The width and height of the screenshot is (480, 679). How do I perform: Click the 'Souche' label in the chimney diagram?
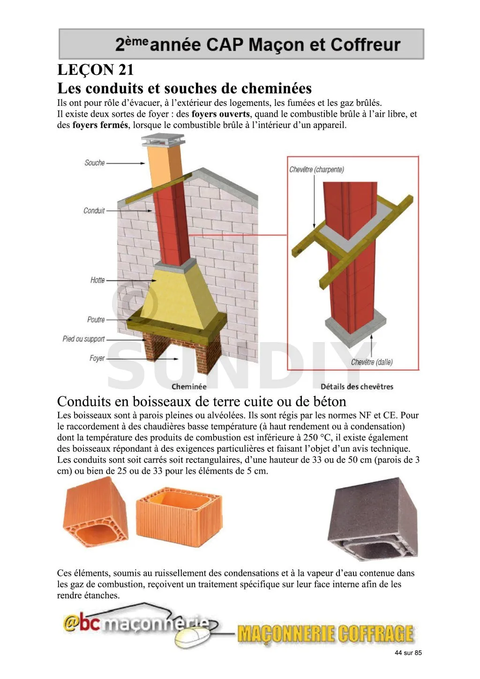[x=95, y=163]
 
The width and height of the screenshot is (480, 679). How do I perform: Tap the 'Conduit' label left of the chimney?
[x=94, y=211]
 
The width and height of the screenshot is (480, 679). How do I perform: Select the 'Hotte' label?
[x=97, y=280]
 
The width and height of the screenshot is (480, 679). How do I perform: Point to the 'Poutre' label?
[x=96, y=320]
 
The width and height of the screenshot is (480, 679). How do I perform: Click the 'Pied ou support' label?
[x=84, y=339]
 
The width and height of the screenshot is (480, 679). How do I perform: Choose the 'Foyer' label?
[x=97, y=358]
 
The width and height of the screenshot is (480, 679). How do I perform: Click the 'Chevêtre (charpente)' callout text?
[x=316, y=170]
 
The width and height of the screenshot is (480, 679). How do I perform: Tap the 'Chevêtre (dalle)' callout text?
[x=372, y=362]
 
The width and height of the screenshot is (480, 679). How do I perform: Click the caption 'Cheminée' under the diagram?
[x=189, y=387]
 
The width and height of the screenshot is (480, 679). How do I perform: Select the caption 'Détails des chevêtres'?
[x=357, y=387]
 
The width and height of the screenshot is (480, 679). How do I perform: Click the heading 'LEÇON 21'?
[x=96, y=70]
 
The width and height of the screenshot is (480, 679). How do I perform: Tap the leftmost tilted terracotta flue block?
[x=95, y=512]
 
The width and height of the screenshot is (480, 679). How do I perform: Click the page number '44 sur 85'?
[x=408, y=653]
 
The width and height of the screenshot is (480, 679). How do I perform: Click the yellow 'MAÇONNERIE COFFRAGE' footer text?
[x=325, y=634]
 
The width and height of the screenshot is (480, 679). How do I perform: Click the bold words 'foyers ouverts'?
[x=220, y=114]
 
